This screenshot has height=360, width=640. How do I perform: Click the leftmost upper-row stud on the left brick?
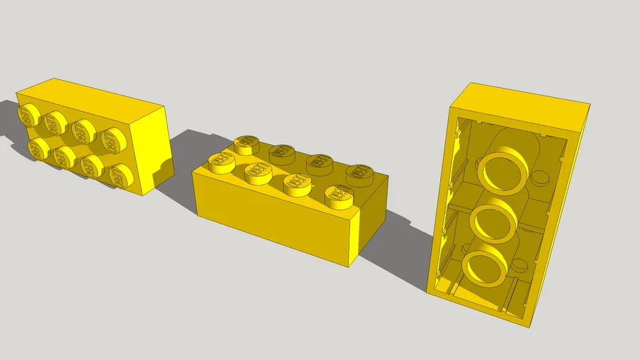tap(30, 114)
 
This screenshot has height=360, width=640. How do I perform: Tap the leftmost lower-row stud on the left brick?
tap(38, 148)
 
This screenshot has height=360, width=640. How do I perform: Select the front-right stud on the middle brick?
tap(339, 196)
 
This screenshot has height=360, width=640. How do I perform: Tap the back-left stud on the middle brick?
tap(245, 144)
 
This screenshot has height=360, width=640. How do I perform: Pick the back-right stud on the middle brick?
tap(359, 174)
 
